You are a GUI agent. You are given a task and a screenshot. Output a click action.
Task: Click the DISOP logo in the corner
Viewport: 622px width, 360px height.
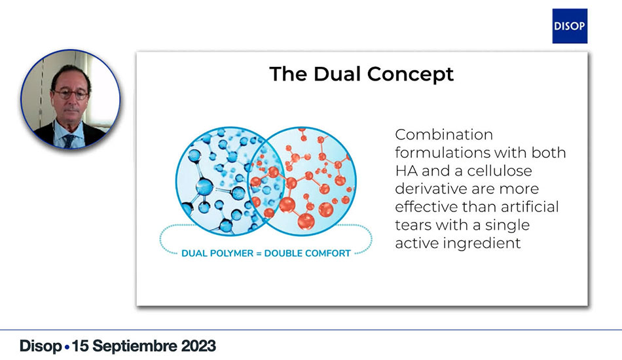point(570,26)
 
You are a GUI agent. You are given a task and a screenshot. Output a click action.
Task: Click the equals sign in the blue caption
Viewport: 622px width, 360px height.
point(259,254)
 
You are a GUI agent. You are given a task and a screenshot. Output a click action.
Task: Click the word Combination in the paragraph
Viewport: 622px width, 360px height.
point(444,135)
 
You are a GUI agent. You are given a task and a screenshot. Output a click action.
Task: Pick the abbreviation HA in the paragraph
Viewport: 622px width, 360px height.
point(406,171)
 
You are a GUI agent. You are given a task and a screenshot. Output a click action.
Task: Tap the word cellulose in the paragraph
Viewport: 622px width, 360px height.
point(500,171)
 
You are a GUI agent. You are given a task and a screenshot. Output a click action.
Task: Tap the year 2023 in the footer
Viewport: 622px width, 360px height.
point(198,346)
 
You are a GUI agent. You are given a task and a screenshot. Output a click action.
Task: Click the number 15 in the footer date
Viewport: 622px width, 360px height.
point(81,346)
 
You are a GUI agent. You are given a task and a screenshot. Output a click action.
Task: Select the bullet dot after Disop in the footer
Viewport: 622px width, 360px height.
point(67,348)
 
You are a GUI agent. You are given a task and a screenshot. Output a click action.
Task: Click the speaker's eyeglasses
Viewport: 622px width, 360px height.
point(71,94)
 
